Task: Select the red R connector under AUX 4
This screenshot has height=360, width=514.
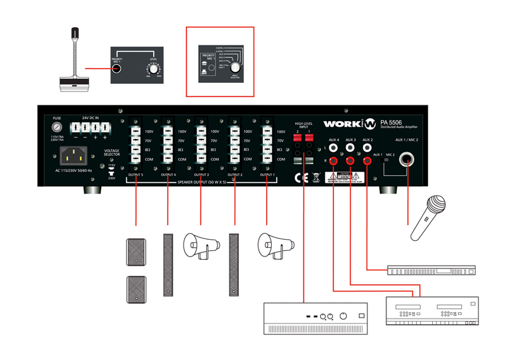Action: pyautogui.click(x=334, y=161)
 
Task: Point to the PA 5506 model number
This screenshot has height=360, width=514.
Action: pyautogui.click(x=393, y=122)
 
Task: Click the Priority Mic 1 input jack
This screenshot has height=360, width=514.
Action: pyautogui.click(x=118, y=68)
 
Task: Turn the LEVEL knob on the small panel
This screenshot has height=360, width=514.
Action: pyautogui.click(x=153, y=67)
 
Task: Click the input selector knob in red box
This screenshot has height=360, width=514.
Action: pyautogui.click(x=235, y=67)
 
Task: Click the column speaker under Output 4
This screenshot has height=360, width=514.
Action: pyautogui.click(x=168, y=265)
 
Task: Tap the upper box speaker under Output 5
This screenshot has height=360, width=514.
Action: pyautogui.click(x=136, y=251)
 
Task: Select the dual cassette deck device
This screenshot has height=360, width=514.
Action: pyautogui.click(x=432, y=310)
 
